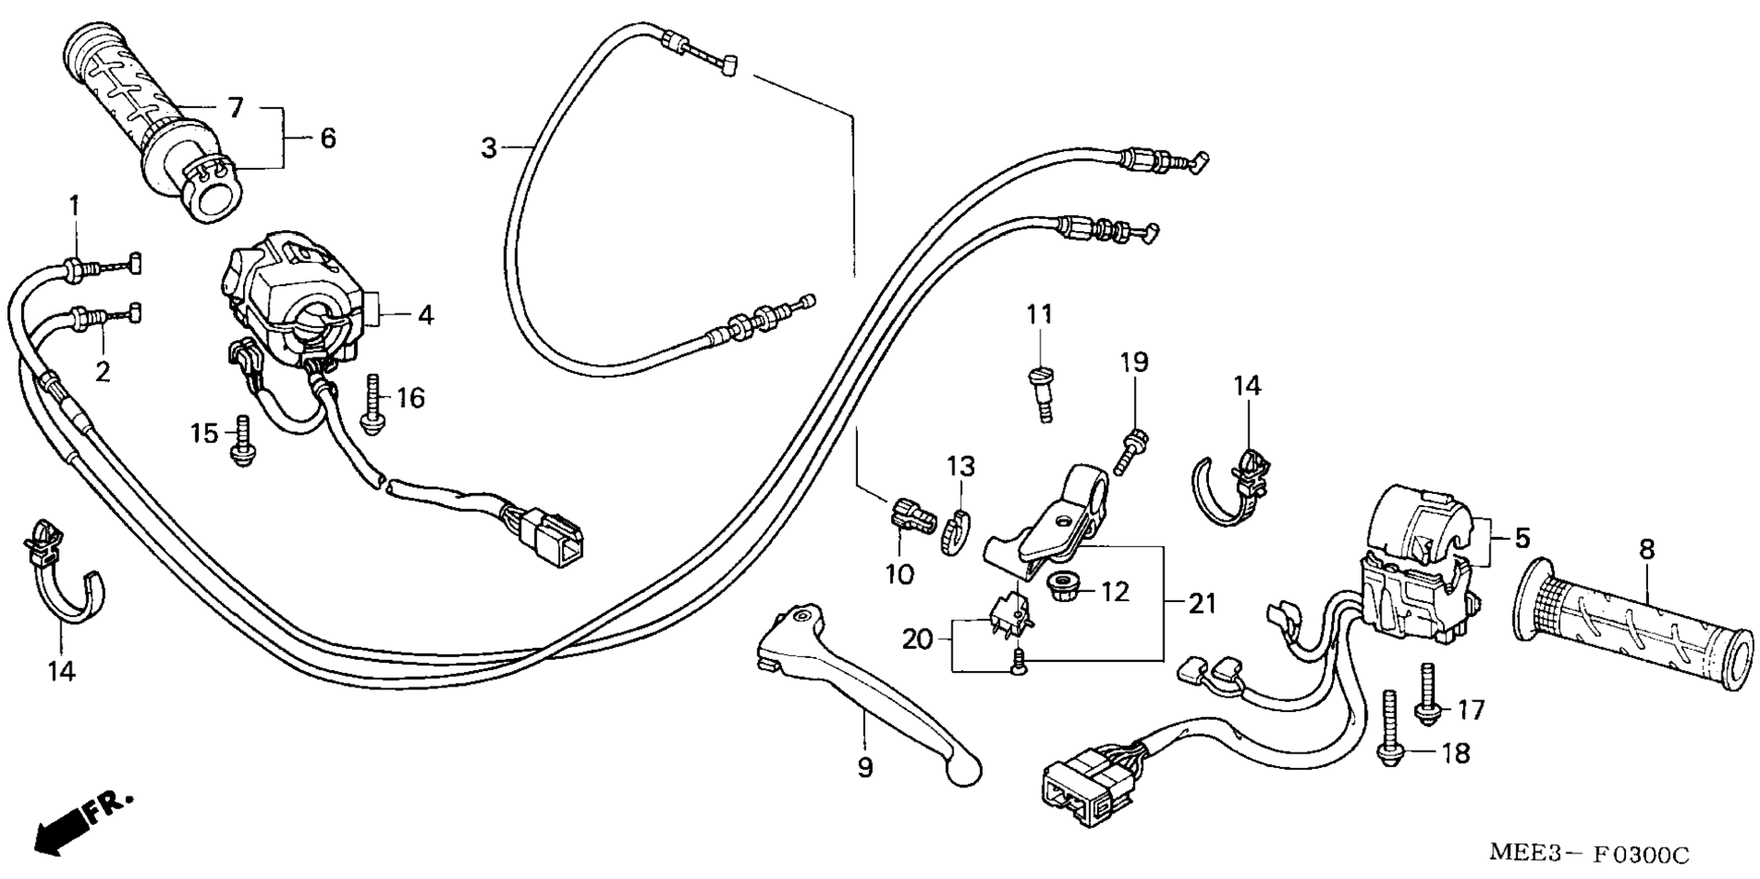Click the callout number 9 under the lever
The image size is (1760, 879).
[x=865, y=768]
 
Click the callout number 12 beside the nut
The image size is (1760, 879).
[x=1115, y=592]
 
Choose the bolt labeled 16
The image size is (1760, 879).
[x=373, y=403]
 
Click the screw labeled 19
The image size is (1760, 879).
[x=1128, y=451]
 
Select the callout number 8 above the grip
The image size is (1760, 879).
[x=1646, y=550]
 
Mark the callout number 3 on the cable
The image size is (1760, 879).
[x=489, y=148]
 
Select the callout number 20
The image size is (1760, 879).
[x=917, y=639]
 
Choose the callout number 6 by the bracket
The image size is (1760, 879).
[x=328, y=138]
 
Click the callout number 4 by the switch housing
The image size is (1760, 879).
[x=424, y=315]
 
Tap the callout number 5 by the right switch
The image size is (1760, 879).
[x=1522, y=537]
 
